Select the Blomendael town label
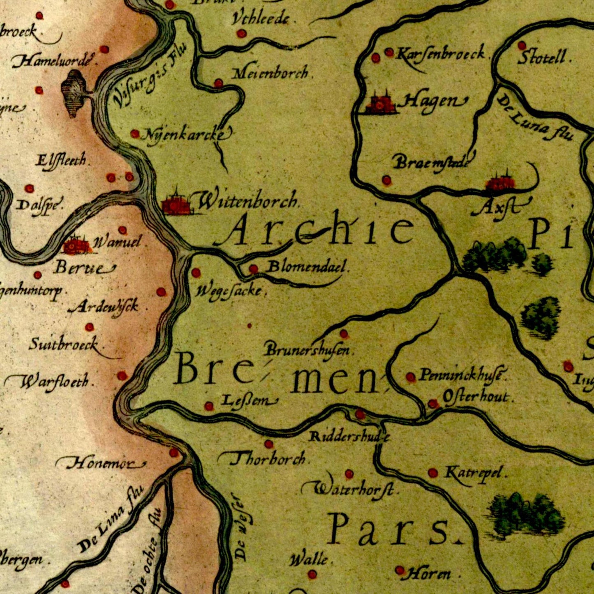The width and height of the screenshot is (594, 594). pyautogui.click(x=307, y=267)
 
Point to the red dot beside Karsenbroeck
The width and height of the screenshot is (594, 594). pyautogui.click(x=389, y=52)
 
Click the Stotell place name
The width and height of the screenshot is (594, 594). pyautogui.click(x=544, y=57)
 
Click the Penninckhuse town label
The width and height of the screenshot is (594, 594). pyautogui.click(x=462, y=375)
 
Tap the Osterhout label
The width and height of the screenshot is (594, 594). pyautogui.click(x=476, y=397)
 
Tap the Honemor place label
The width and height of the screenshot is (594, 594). pyautogui.click(x=101, y=464)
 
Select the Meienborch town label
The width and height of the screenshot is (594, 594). pyautogui.click(x=270, y=74)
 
